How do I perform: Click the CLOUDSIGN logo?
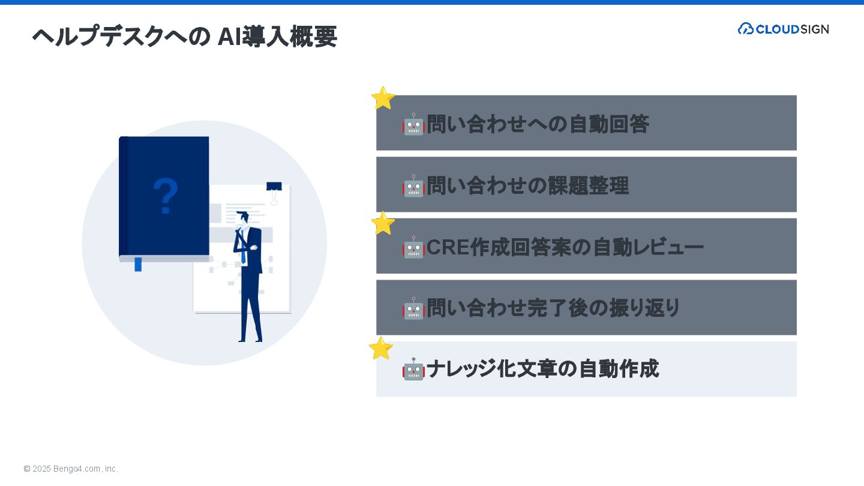(x=783, y=29)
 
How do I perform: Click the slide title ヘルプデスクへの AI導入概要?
(x=184, y=37)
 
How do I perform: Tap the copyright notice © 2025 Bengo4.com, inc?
(x=71, y=469)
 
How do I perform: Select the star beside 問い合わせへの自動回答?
(x=383, y=98)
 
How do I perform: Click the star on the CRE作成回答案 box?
(x=383, y=223)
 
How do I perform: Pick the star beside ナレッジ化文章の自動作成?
(x=380, y=349)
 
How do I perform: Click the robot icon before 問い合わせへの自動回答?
(x=413, y=124)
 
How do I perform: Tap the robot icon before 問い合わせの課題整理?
(x=413, y=186)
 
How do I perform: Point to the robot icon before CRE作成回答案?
(x=413, y=247)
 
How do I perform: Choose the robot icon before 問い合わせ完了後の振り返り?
(x=413, y=308)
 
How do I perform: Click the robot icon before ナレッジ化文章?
(x=413, y=369)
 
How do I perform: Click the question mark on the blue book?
(x=166, y=196)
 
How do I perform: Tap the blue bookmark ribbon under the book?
(x=138, y=264)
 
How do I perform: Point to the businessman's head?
(x=244, y=217)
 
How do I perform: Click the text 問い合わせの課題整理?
(x=527, y=186)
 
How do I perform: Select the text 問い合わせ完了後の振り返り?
(x=553, y=308)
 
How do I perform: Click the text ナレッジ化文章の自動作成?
(x=542, y=369)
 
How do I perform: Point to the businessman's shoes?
(x=250, y=340)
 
